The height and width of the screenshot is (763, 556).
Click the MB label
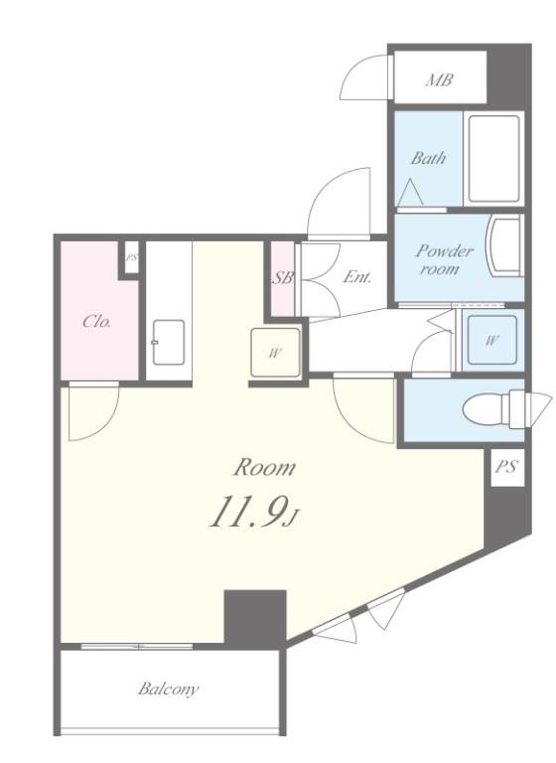click(439, 79)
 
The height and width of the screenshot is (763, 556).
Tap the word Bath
click(428, 158)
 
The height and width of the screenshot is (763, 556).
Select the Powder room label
click(444, 259)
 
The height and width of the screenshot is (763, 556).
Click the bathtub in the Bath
click(493, 159)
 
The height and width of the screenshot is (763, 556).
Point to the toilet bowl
click(486, 409)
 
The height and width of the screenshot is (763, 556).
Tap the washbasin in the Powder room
click(505, 245)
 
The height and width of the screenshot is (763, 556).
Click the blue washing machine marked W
click(491, 340)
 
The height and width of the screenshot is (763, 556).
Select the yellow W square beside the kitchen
click(275, 353)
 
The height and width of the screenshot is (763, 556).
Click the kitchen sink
click(169, 342)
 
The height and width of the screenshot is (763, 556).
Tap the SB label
click(283, 277)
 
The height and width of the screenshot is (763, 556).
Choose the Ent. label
click(357, 277)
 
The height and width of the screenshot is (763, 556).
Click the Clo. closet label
click(96, 321)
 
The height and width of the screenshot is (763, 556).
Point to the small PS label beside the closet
click(131, 258)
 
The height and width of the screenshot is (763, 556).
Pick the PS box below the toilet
click(507, 467)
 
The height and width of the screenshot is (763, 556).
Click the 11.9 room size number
click(247, 512)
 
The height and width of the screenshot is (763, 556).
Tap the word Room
click(264, 467)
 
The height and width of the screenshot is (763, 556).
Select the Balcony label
click(169, 688)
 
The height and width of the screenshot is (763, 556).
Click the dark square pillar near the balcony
click(255, 619)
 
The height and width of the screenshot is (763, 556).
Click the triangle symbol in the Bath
click(410, 193)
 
